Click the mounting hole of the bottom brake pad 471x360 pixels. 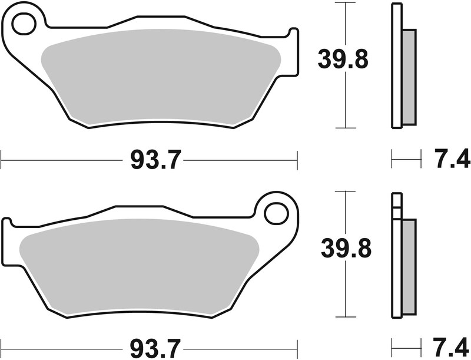(274, 213)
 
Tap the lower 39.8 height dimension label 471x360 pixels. (346, 249)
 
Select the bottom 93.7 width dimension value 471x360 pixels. (150, 346)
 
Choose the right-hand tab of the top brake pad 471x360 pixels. (292, 53)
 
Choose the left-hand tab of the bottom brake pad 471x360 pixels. (7, 242)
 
